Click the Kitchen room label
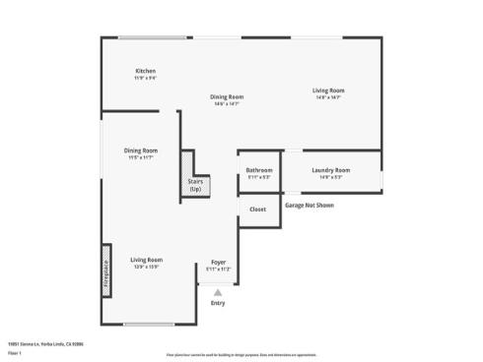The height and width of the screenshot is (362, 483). click(145, 71)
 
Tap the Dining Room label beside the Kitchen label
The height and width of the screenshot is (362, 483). click(227, 96)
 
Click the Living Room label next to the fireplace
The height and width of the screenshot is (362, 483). click(146, 260)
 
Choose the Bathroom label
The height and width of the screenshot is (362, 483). click(259, 170)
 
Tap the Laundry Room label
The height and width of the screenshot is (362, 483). click(330, 170)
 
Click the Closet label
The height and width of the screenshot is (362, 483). click(257, 210)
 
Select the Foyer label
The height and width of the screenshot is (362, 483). click(219, 263)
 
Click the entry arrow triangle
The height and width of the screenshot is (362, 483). click(218, 291)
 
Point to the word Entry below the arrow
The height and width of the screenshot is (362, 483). click(218, 303)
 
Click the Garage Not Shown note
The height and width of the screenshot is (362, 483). click(310, 206)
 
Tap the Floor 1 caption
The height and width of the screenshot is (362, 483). click(15, 352)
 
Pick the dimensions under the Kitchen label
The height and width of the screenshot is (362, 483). click(145, 78)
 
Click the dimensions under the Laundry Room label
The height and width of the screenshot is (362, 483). click(330, 177)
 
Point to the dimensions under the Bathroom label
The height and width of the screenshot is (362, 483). click(259, 177)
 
